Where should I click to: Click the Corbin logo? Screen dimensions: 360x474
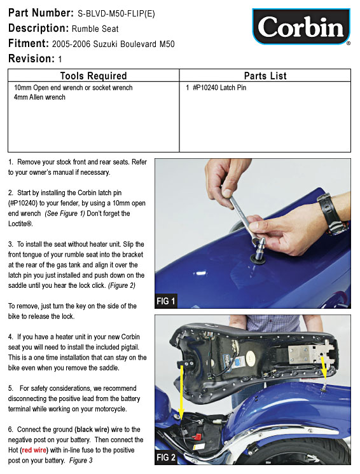point(301,27)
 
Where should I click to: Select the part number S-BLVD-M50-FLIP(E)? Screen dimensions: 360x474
point(116,13)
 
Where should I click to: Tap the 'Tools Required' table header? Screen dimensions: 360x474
point(93,76)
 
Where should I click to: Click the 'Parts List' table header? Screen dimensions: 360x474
point(265,76)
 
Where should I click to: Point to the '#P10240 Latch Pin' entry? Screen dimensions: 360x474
point(219,88)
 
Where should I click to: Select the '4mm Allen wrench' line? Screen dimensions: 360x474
point(39,97)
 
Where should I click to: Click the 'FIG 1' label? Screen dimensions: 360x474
point(166,301)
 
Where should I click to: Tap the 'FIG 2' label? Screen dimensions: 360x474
point(166,457)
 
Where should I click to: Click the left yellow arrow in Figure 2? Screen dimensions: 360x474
point(181,391)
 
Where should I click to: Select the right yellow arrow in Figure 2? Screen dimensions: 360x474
point(324,367)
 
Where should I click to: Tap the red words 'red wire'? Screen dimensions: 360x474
point(34,450)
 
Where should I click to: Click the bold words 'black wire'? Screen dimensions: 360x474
point(92,430)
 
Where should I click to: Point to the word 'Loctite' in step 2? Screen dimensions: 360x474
point(19,224)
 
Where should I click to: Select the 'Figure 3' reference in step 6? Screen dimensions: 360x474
point(81,461)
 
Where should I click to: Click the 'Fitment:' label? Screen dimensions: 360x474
point(29,44)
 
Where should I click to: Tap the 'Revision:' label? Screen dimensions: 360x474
point(31,58)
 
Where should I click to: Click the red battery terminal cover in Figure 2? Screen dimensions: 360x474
point(198,437)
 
